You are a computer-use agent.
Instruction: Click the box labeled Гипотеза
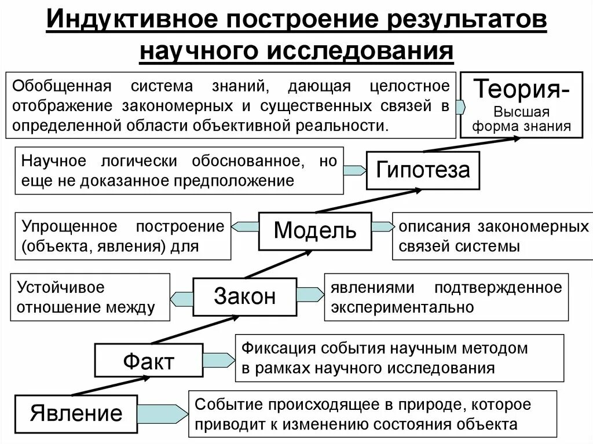click(423, 170)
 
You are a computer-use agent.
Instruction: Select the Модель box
click(315, 231)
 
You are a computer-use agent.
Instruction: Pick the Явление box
click(76, 413)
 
